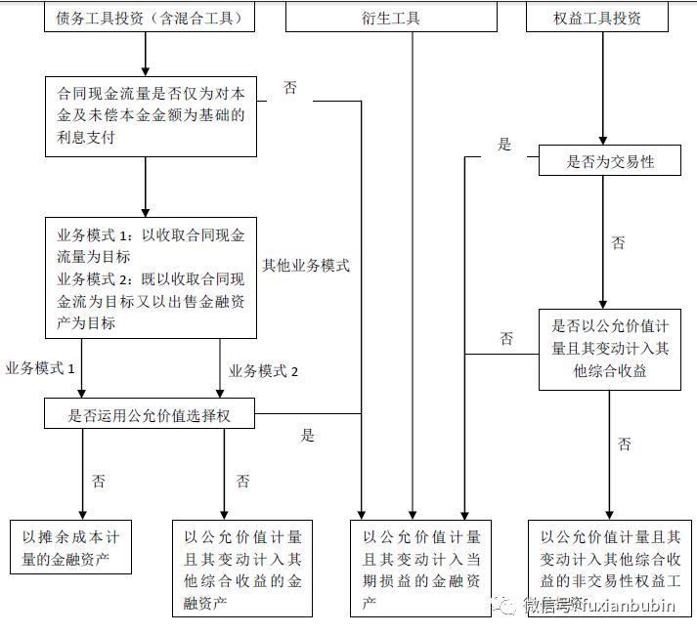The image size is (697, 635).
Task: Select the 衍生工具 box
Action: point(414,17)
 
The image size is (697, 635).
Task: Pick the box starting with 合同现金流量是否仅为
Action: point(151,116)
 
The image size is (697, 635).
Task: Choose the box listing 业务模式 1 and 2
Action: point(151,278)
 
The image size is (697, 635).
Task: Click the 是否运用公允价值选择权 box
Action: point(151,414)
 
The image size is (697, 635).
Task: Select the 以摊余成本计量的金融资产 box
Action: point(70,546)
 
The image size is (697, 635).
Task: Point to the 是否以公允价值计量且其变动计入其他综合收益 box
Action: point(610,349)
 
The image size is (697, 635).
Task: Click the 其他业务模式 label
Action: point(305,265)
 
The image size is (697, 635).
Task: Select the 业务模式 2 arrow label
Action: point(263,371)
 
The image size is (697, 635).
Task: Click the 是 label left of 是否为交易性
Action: point(504,145)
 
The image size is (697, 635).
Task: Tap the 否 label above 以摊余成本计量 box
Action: point(99,481)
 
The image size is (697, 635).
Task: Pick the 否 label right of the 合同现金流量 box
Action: point(290,88)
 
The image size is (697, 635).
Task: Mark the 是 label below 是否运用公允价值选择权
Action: point(308,436)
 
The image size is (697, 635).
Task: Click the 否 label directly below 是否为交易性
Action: point(618,243)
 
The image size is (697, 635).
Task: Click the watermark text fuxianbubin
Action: point(626,606)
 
